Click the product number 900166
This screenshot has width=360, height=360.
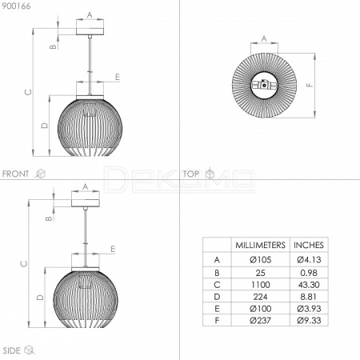point(16,6)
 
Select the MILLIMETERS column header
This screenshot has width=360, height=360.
point(260,245)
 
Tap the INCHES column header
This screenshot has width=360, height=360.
point(309,245)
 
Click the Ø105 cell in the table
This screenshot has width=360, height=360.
point(260,259)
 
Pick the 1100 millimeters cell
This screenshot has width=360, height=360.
point(260,285)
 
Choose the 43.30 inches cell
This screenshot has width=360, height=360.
point(309,285)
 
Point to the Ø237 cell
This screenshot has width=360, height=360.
point(260,320)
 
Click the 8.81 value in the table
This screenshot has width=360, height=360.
point(309,297)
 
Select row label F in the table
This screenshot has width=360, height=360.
point(217,320)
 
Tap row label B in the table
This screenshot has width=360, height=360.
point(217,273)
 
